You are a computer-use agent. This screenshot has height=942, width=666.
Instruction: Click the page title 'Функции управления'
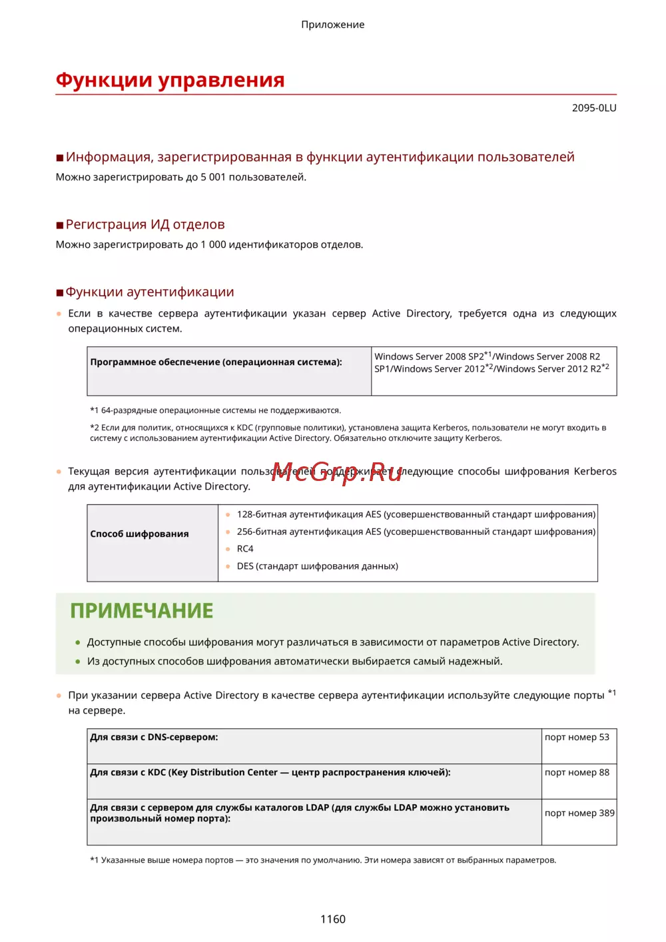click(170, 80)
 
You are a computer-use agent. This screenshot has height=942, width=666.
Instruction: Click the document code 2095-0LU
click(593, 108)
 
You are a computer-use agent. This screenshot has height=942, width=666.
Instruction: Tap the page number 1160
click(332, 919)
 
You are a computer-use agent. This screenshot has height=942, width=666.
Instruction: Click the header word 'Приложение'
click(332, 25)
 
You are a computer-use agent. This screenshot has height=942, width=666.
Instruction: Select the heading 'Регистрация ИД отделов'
click(145, 225)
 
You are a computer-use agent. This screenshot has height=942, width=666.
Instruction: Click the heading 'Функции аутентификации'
click(149, 292)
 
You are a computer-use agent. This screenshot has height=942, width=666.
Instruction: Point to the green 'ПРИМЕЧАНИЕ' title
click(141, 610)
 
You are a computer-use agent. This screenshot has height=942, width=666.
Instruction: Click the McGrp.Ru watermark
click(337, 472)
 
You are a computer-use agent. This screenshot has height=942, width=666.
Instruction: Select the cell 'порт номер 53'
click(577, 737)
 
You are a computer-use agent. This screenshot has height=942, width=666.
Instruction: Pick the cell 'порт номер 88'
click(577, 772)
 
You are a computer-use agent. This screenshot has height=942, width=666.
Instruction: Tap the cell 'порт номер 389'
click(579, 813)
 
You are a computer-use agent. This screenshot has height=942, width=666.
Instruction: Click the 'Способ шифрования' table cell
click(140, 534)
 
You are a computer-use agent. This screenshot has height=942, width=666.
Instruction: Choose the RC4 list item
click(245, 549)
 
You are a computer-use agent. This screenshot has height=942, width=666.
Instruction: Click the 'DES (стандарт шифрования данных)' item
click(317, 566)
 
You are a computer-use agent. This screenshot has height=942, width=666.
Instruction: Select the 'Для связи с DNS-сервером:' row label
click(154, 737)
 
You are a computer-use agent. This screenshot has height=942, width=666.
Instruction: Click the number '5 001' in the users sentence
click(213, 177)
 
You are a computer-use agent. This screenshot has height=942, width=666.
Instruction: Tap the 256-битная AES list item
click(416, 532)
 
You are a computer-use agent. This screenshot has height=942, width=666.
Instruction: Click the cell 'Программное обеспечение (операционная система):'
click(216, 362)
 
